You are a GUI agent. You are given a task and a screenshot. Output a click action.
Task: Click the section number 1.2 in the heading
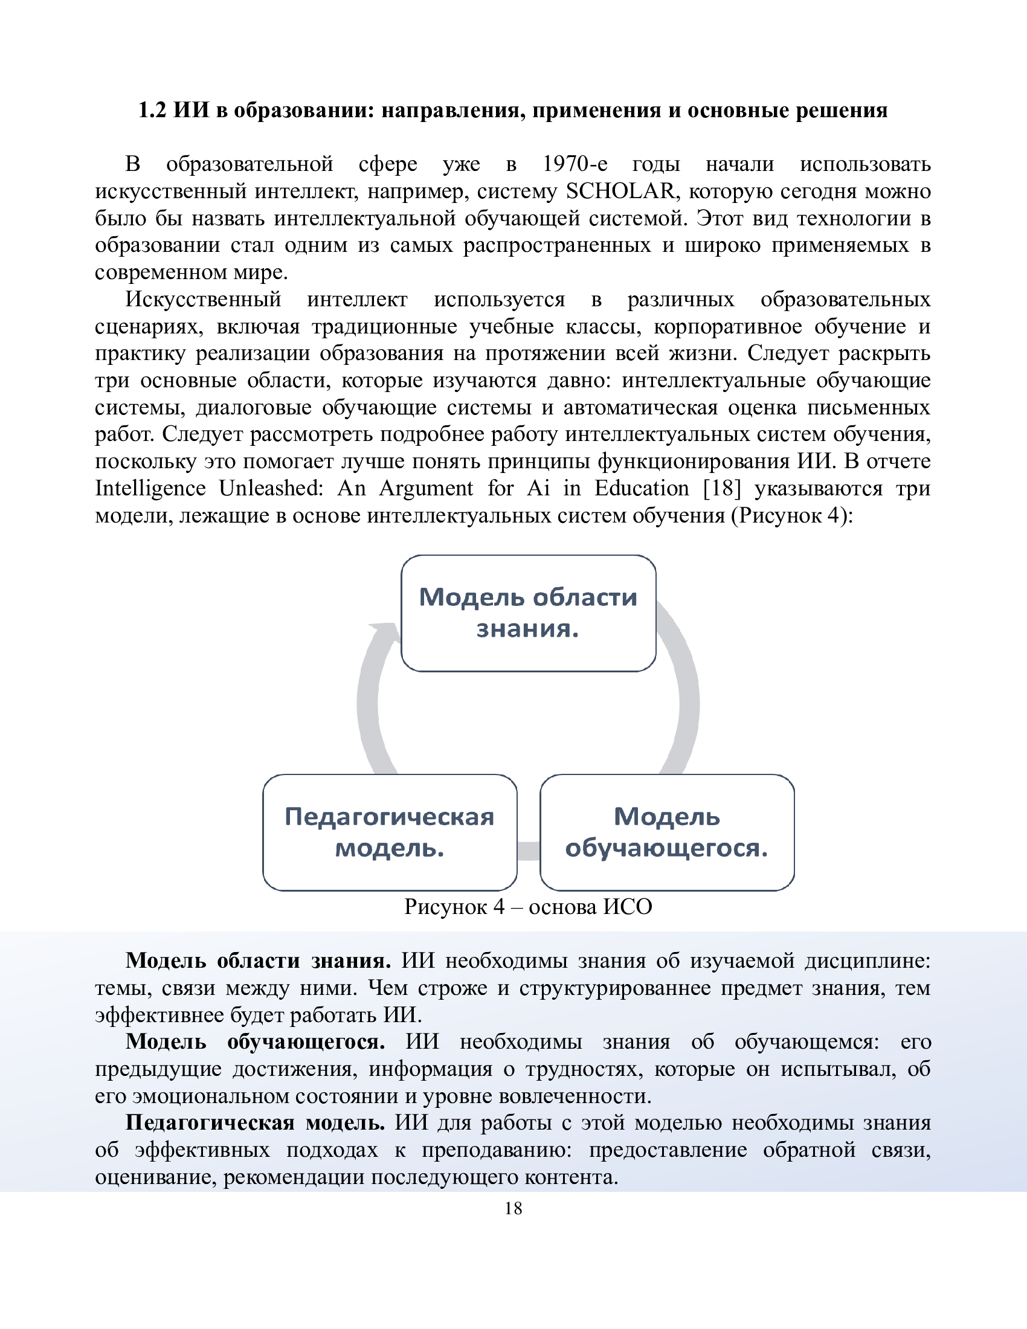click(x=152, y=110)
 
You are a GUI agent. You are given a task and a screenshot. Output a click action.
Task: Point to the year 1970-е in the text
click(x=575, y=164)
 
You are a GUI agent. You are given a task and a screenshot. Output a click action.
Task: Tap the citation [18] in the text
click(x=722, y=488)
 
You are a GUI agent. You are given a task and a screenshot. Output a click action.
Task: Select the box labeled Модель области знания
click(x=528, y=613)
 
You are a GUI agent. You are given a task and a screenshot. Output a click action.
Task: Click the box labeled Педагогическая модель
click(x=390, y=832)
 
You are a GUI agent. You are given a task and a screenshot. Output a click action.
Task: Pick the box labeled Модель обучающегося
click(x=667, y=832)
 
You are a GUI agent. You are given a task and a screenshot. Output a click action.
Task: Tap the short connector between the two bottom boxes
click(x=528, y=851)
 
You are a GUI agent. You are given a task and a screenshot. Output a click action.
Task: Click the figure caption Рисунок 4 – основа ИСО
click(x=528, y=907)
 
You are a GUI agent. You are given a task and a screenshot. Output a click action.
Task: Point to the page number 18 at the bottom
click(x=513, y=1208)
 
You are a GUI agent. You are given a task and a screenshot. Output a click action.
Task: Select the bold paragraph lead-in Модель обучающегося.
click(x=256, y=1042)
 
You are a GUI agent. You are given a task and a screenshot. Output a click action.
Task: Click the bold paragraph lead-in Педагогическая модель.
click(x=256, y=1123)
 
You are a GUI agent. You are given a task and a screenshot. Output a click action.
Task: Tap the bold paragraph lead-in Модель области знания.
click(x=258, y=961)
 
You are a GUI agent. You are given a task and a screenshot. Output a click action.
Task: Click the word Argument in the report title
click(x=426, y=488)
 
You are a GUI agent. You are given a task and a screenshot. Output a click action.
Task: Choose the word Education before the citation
click(x=641, y=488)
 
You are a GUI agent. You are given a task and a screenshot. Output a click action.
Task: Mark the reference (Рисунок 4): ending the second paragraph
click(x=792, y=515)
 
